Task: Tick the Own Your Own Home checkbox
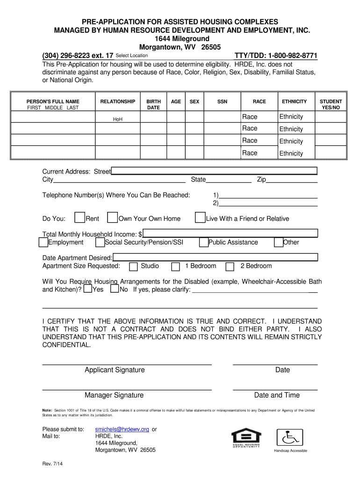[112, 218]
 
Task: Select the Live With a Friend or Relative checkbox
[200, 218]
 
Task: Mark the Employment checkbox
[43, 242]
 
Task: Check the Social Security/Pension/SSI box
[100, 242]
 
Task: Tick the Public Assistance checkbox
[204, 242]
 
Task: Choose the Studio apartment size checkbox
[133, 267]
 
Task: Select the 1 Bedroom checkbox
[175, 267]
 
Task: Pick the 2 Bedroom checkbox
[230, 267]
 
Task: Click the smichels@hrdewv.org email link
[122, 429]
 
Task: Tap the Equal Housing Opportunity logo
[246, 438]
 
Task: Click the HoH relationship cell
[118, 119]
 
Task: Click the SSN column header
[223, 102]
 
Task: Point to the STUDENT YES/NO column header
[331, 104]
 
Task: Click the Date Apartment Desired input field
[215, 257]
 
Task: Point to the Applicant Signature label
[115, 370]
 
